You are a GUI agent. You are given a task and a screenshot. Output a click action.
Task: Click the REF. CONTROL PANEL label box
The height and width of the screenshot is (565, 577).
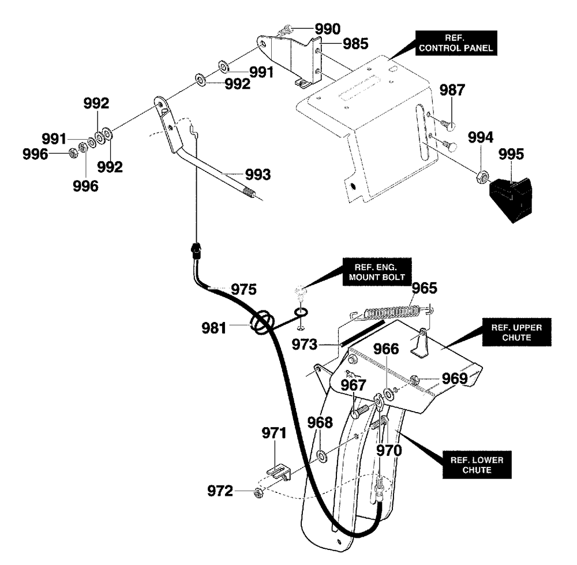coord(456,43)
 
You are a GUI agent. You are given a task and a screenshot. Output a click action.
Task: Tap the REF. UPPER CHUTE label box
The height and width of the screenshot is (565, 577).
coord(516,332)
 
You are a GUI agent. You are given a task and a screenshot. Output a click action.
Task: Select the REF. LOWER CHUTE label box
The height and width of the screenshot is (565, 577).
coord(477,465)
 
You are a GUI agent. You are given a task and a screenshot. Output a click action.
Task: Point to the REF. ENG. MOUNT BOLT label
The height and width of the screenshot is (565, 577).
coord(377,272)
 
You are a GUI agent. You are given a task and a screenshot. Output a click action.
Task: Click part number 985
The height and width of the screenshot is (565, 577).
coord(355,44)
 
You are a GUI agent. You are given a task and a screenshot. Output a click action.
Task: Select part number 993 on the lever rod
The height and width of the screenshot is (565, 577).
coord(258,174)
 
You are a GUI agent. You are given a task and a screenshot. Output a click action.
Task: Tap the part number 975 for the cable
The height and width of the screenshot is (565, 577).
coord(243,289)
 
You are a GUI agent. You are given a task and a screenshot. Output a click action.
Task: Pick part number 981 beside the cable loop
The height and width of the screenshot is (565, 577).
coord(214,328)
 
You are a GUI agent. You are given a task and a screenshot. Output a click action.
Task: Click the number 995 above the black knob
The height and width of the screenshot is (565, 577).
coord(511,154)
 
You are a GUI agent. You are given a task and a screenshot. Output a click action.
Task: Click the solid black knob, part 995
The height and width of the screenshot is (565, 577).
coord(511,199)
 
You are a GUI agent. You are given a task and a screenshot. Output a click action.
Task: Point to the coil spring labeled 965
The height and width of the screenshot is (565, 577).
coord(392,312)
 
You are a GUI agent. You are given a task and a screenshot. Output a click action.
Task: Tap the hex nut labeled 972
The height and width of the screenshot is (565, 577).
coord(259,493)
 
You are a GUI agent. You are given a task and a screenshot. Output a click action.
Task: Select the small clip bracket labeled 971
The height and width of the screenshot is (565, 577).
coord(279,472)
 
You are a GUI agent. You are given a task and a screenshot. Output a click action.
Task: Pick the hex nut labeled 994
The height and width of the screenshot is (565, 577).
coord(483,177)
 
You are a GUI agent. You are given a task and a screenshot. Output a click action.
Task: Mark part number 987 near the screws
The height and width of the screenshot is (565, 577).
coord(452,90)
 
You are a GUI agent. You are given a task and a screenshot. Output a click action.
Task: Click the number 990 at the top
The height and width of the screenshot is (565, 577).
coord(328,29)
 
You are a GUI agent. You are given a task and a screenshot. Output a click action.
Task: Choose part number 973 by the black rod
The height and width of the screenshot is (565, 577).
coord(304,345)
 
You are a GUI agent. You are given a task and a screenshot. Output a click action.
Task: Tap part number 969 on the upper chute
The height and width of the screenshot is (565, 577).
coord(455,379)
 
